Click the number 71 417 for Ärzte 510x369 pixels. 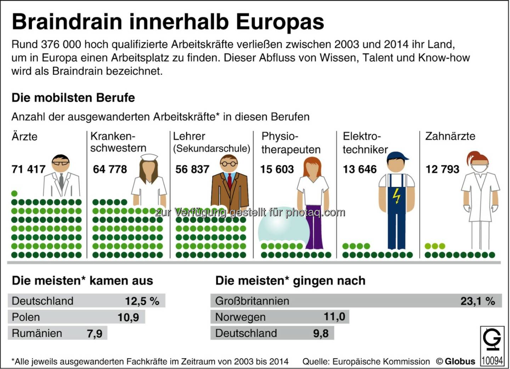point(28,169)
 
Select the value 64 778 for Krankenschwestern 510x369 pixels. point(110,169)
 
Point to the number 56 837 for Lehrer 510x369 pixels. point(192,169)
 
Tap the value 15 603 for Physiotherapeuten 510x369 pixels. point(277,169)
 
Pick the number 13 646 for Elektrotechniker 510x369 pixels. point(359,169)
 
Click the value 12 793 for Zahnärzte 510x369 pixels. point(442,169)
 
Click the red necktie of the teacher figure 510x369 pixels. point(229,181)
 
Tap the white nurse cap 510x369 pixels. point(149,157)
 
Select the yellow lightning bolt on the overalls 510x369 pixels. point(397,195)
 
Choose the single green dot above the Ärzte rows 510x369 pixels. point(14,194)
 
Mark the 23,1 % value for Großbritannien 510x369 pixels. point(477,301)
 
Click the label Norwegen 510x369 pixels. point(240,317)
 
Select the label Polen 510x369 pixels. point(26,317)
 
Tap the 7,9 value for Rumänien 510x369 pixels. point(95,334)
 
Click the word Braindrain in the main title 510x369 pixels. point(67,22)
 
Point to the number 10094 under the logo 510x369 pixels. point(492,360)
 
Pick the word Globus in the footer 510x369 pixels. point(460,362)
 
